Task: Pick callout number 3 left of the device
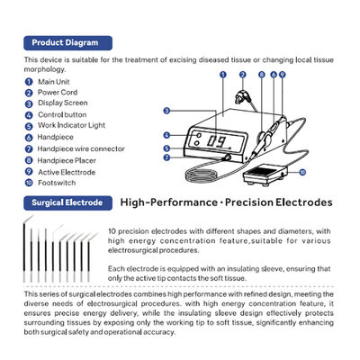pyautogui.click(x=166, y=111)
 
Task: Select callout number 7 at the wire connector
pyautogui.click(x=166, y=157)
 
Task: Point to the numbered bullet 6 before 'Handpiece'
pyautogui.click(x=30, y=135)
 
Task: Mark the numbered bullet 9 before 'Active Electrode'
pyautogui.click(x=30, y=169)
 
